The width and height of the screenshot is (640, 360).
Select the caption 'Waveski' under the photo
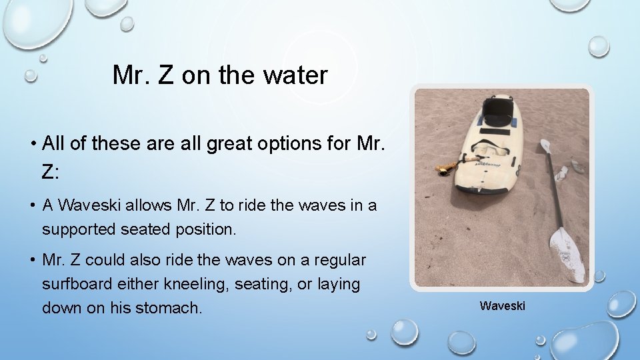502,306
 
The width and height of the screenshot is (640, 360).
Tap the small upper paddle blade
545,146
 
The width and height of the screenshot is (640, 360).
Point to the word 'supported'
79,229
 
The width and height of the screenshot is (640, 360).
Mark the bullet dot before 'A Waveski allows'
33,206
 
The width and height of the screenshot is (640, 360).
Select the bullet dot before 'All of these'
33,143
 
